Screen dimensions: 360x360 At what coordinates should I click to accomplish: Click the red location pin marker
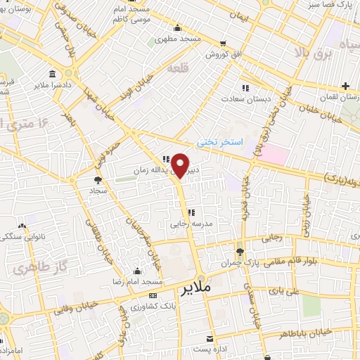[x=181, y=166]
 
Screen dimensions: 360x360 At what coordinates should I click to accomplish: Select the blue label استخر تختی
[x=219, y=141]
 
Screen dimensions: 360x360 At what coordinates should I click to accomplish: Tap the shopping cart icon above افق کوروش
[x=223, y=43]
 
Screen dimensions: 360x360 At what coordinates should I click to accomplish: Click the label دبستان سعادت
[x=247, y=99]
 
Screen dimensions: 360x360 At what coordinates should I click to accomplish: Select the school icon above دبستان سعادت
[x=245, y=88]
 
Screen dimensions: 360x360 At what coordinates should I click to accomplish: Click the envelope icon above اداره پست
[x=210, y=338]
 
